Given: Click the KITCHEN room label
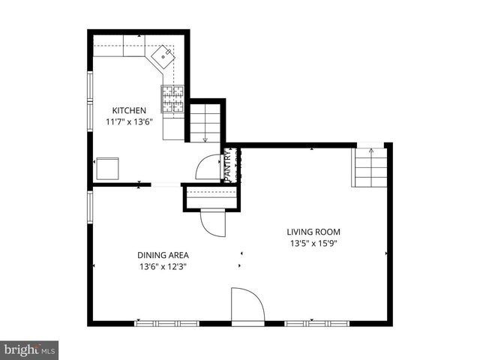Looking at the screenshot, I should point(130,110).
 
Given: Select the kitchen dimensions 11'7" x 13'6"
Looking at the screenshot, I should point(130,122).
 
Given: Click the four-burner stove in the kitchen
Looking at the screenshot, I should point(172,100).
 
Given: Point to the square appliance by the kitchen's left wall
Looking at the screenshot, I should point(108,168).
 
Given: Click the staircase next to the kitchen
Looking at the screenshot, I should point(205,122).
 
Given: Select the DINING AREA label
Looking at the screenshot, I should point(163,255).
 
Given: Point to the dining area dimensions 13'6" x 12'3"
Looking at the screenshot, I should point(163,267).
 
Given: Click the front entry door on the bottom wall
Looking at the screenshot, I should point(247,306).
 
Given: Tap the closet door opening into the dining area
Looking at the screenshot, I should point(212,223).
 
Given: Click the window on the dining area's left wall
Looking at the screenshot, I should point(89,207).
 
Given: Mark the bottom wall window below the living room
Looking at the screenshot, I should point(317,323).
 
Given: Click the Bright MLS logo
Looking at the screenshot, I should point(30,349).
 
